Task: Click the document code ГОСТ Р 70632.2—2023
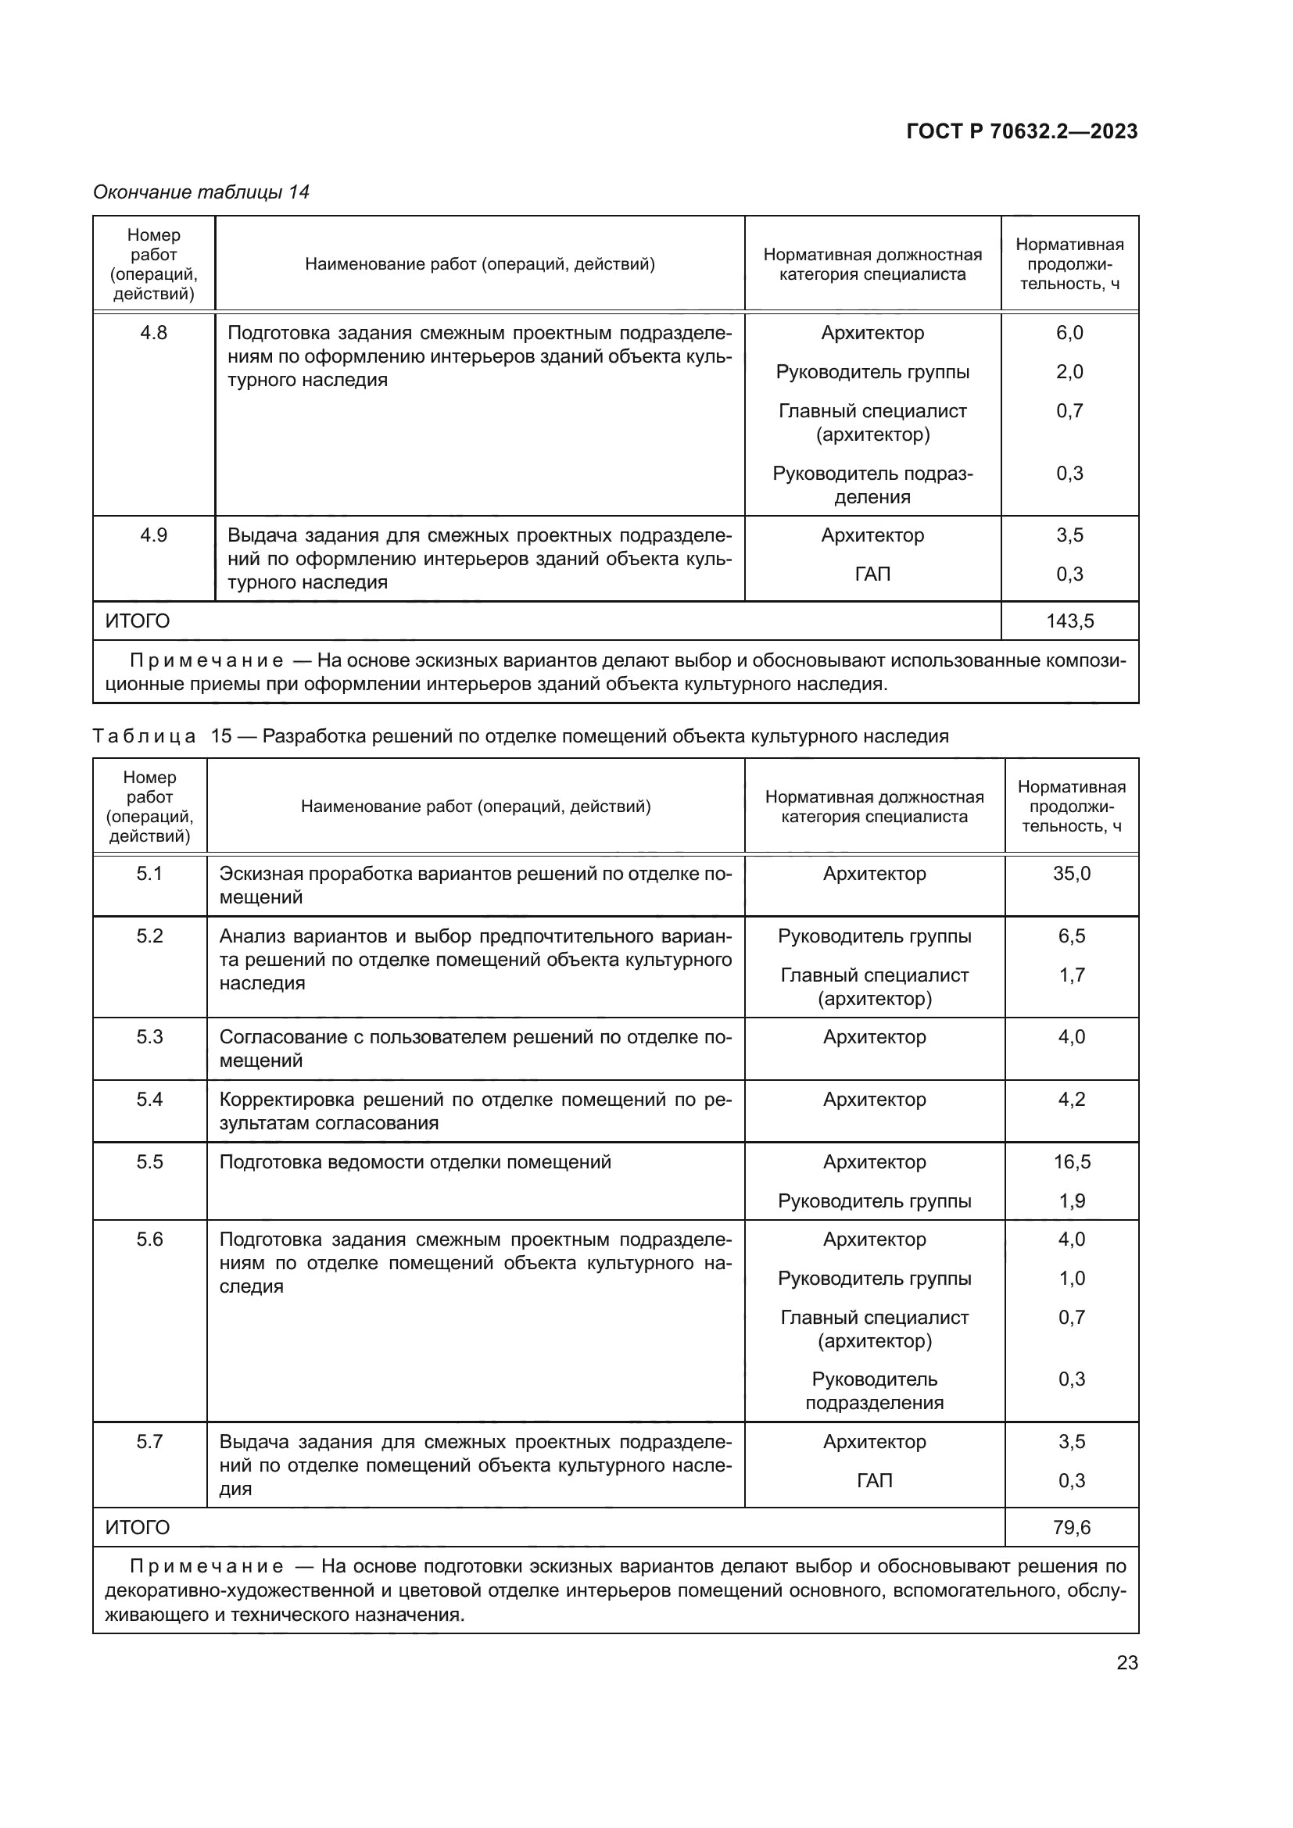click(x=1022, y=131)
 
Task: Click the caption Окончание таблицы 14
click(x=201, y=192)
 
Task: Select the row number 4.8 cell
click(x=154, y=333)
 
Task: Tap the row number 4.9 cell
click(x=154, y=535)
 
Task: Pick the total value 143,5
click(x=1069, y=621)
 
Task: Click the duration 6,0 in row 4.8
click(x=1069, y=333)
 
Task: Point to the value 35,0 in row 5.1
click(x=1072, y=874)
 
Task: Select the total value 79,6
click(x=1072, y=1527)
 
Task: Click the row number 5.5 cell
click(x=149, y=1161)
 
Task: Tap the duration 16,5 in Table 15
click(x=1072, y=1161)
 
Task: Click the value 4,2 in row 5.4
click(x=1072, y=1100)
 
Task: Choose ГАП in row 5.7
click(x=874, y=1481)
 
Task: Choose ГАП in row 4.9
click(x=872, y=574)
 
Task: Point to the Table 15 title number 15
click(x=220, y=735)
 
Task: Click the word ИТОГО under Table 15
click(x=138, y=1527)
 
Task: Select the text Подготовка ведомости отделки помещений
click(x=415, y=1161)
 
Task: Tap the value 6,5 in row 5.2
click(x=1072, y=936)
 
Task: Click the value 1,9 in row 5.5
click(x=1072, y=1200)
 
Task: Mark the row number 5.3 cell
click(x=149, y=1036)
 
